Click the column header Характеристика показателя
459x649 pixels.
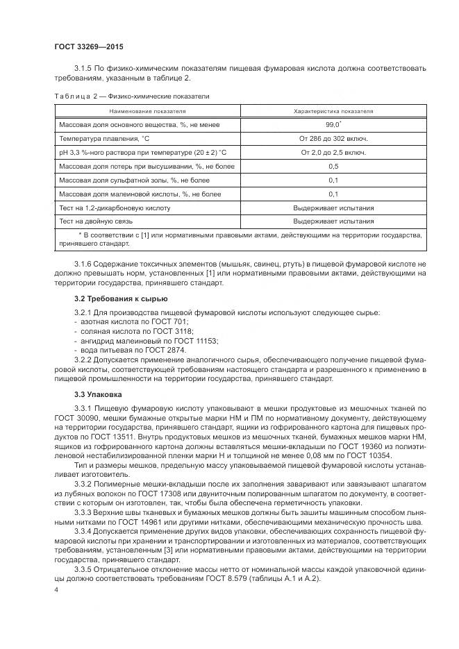pyautogui.click(x=333, y=111)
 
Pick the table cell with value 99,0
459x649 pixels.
pyautogui.click(x=333, y=124)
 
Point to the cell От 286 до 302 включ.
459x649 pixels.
pyautogui.click(x=333, y=138)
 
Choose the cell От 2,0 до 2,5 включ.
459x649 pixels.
pyautogui.click(x=333, y=152)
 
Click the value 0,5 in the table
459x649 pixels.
pyautogui.click(x=333, y=166)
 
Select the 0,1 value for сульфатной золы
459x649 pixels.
pyautogui.click(x=333, y=180)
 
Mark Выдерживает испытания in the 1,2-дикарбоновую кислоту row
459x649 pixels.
pyautogui.click(x=333, y=208)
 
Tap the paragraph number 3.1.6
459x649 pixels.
pyautogui.click(x=83, y=265)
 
